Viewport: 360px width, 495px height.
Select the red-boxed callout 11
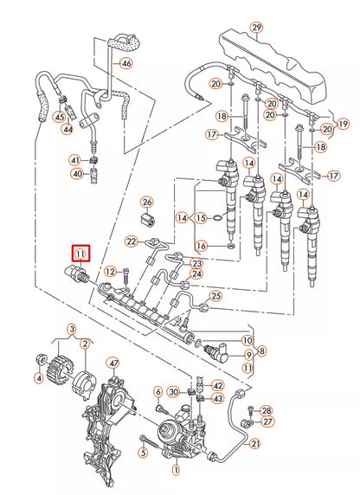coord(80,254)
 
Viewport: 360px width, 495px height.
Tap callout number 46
coord(127,65)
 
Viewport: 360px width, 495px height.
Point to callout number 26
coord(146,202)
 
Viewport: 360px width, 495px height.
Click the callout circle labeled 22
coord(132,241)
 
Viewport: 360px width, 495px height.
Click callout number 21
coord(255,444)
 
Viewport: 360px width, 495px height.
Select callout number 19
coord(344,124)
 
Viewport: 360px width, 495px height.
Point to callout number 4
coord(38,378)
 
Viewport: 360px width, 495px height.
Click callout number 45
coord(59,117)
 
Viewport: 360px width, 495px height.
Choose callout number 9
coord(248,355)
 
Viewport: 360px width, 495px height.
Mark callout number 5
coord(143,452)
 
